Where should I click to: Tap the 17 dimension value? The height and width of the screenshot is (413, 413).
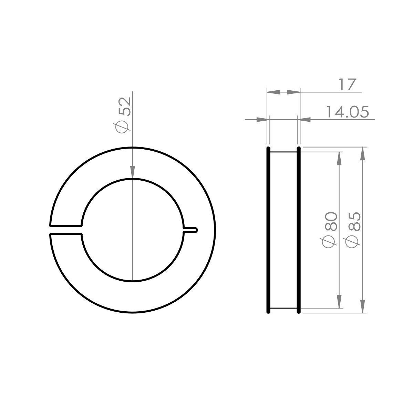pos(347,84)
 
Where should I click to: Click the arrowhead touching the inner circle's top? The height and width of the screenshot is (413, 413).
pos(133,173)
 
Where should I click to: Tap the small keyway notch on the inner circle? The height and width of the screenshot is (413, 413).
pos(190,230)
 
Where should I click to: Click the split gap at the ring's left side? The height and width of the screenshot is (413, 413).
pos(66,230)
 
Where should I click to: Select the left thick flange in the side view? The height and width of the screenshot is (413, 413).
pos(268,230)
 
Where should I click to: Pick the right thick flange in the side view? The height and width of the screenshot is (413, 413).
pos(298,230)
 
